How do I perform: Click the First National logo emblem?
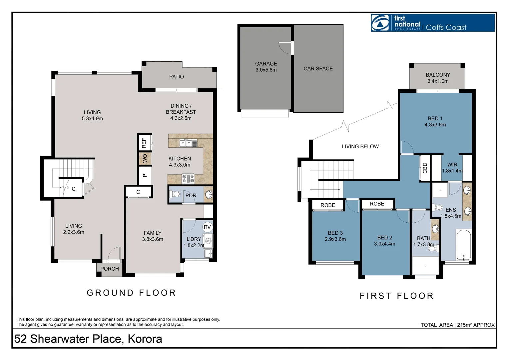[x=380, y=23]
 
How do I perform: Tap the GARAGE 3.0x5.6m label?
[x=266, y=67]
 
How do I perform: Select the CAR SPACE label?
[x=318, y=69]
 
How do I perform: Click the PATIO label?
[x=176, y=77]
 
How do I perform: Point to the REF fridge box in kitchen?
[x=144, y=143]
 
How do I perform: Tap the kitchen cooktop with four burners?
[x=188, y=179]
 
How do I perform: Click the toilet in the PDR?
[x=176, y=194]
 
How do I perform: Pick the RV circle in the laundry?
[x=207, y=227]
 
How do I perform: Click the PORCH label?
[x=110, y=269]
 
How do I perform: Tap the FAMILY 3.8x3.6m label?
[x=153, y=236]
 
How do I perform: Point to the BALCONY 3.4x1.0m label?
[x=438, y=78]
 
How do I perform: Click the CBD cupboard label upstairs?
[x=425, y=168]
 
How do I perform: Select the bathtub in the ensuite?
[x=464, y=245]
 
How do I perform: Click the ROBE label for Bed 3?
[x=328, y=205]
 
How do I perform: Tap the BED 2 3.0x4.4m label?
[x=384, y=241]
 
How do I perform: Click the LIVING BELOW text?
[x=360, y=147]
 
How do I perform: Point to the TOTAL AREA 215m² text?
[x=457, y=325]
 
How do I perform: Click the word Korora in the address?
[x=145, y=339]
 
